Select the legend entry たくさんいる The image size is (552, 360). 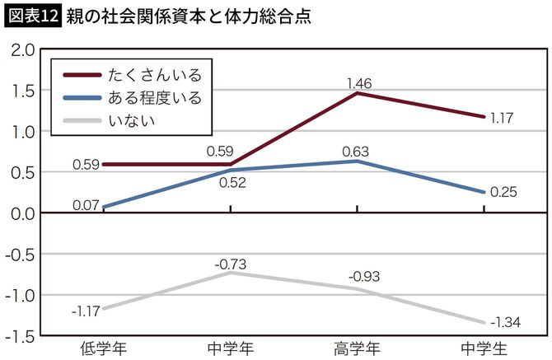click(x=154, y=75)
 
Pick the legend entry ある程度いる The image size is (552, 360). click(x=154, y=98)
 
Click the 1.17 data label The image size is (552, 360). click(x=501, y=118)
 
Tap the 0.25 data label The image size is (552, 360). click(x=503, y=192)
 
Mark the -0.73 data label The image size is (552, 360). click(x=231, y=264)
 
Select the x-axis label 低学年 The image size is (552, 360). click(x=102, y=348)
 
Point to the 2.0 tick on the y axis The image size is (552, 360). click(x=21, y=50)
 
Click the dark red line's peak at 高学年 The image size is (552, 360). click(x=357, y=93)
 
